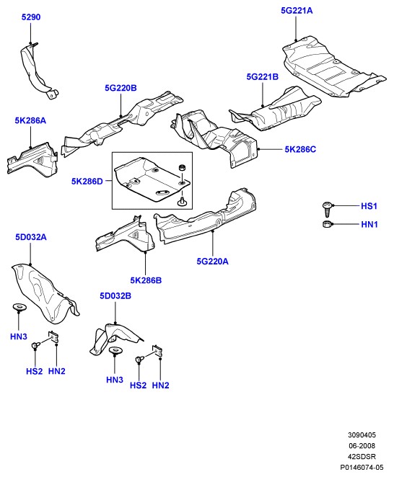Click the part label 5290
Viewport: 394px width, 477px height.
pos(31,17)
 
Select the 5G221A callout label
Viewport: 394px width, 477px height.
pos(297,11)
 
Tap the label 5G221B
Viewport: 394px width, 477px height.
pos(263,77)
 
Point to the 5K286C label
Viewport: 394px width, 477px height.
pos(300,149)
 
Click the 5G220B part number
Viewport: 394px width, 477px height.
pos(121,88)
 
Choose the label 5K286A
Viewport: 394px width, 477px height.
pos(30,121)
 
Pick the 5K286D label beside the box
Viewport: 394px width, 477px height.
pos(87,182)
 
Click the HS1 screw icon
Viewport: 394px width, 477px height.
pos(327,209)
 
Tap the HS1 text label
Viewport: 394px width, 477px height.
pos(369,206)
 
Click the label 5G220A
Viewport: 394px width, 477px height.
pos(212,262)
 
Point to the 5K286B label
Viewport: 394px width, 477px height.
pos(146,280)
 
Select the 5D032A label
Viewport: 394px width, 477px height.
pos(31,237)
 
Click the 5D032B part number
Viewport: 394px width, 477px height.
pos(115,295)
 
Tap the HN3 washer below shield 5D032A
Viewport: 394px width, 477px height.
pos(19,307)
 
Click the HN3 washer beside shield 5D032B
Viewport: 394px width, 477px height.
pos(115,350)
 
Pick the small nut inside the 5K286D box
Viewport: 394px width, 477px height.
pos(182,167)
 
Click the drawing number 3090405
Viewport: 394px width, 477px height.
pos(362,435)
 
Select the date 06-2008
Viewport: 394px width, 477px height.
pos(362,446)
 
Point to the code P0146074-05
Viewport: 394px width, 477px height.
pos(362,467)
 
